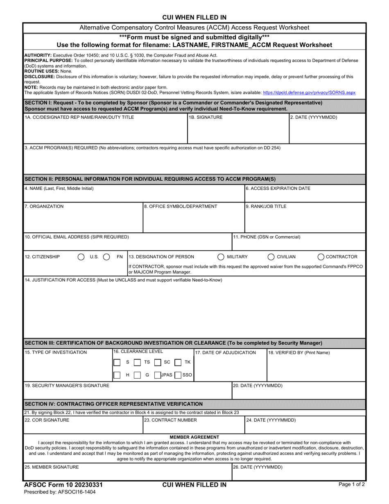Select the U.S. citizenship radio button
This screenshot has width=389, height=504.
coord(81,257)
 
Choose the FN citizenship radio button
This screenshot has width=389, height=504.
coord(106,257)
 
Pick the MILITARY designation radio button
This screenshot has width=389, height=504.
coord(221,257)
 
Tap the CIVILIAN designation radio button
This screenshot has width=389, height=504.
coord(271,257)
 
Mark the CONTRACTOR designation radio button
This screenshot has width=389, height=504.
coord(321,257)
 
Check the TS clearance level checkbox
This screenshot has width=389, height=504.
coord(138,362)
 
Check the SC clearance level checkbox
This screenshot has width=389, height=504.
coord(158,362)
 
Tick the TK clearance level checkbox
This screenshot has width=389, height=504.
coord(178,362)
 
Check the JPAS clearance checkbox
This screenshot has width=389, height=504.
coord(158,375)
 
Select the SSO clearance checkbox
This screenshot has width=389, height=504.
coord(178,375)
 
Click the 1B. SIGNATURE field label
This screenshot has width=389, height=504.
coord(206,118)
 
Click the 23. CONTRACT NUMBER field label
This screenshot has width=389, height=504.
coord(170,420)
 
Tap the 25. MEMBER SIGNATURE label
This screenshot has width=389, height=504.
coord(52,467)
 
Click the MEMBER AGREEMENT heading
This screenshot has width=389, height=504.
coord(194,437)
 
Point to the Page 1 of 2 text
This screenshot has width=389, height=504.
coord(351,484)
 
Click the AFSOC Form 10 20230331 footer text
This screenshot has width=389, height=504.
coord(63,485)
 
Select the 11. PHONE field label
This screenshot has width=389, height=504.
coord(267,237)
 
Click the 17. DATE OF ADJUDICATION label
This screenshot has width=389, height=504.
coord(226,353)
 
